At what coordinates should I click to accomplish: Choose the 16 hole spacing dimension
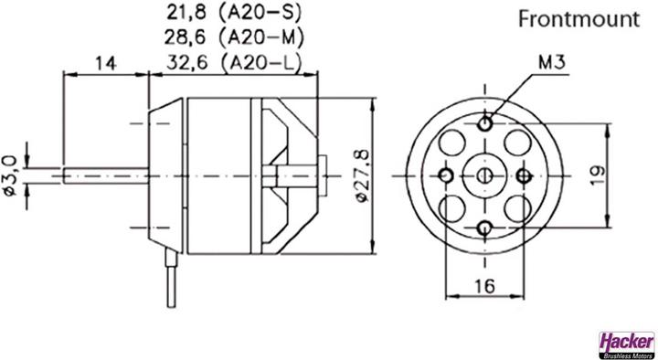click(x=485, y=286)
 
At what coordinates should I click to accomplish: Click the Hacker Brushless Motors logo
click(x=626, y=343)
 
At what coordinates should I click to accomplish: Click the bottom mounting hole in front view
click(x=485, y=225)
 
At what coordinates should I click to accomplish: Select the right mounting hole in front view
click(x=525, y=174)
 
